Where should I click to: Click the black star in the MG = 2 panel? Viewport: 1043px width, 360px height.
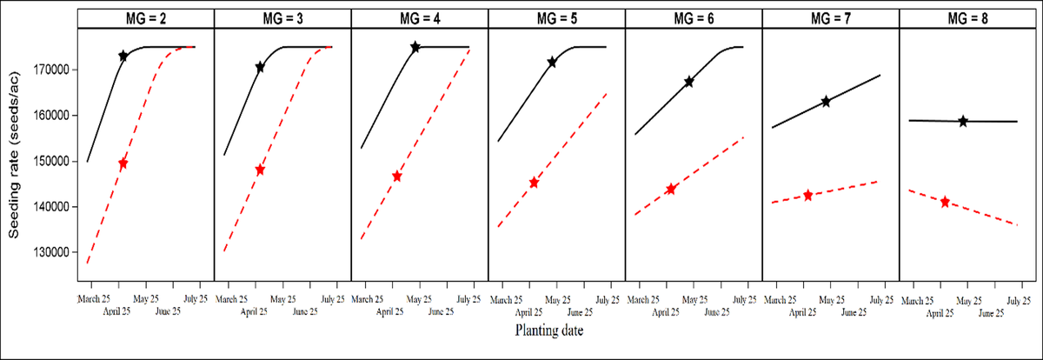123,56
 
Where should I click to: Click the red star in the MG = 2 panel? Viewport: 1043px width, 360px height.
123,163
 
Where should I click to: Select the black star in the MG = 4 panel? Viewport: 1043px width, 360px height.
415,47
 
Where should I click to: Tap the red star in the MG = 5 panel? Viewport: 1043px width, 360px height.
534,183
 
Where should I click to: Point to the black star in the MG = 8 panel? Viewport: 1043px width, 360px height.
963,121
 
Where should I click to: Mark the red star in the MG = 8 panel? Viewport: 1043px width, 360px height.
945,202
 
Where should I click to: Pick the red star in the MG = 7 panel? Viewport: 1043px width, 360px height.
808,196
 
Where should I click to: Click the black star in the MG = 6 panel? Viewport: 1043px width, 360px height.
689,81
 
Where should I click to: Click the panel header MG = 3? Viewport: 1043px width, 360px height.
282,18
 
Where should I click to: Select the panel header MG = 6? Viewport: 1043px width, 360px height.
694,18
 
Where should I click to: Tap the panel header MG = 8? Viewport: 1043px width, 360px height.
967,18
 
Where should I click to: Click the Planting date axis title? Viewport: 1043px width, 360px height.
548,330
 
